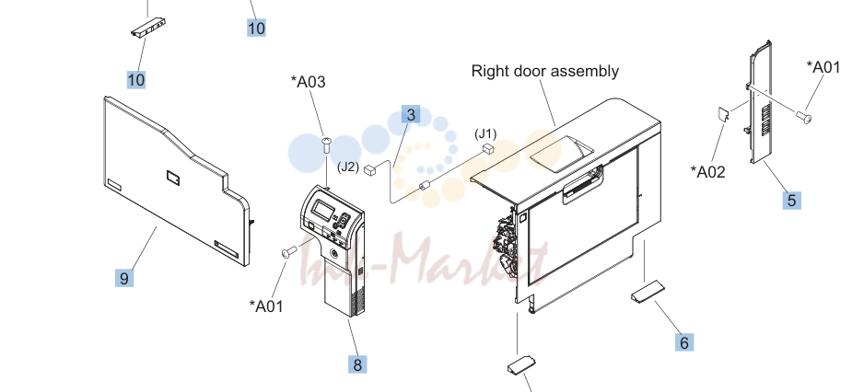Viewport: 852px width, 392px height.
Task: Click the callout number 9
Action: click(124, 278)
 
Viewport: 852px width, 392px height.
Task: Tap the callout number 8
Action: click(357, 364)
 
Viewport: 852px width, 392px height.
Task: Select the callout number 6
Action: click(684, 342)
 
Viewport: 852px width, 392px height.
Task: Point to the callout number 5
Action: click(792, 201)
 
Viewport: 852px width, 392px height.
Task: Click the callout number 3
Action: click(411, 114)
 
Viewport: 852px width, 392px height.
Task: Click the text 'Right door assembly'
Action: click(545, 71)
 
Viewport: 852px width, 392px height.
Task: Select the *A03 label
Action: click(308, 82)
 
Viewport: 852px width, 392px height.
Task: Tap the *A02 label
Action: click(708, 171)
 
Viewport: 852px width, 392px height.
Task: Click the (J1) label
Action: click(485, 133)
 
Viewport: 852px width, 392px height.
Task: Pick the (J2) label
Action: click(348, 167)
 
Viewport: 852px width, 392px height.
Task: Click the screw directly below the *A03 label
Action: click(327, 145)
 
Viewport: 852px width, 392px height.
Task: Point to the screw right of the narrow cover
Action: click(804, 116)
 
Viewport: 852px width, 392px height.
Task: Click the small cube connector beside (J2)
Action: click(370, 170)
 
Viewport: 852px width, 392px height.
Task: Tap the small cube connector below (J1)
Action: click(488, 148)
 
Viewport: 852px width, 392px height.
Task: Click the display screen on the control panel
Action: click(323, 210)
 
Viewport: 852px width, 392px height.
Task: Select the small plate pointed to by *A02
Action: click(723, 114)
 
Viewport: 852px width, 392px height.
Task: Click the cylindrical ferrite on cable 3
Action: click(425, 186)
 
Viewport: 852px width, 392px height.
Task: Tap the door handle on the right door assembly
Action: click(582, 185)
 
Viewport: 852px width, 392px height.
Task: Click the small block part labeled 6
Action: click(648, 291)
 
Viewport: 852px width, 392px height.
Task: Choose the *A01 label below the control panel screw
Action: click(266, 306)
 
